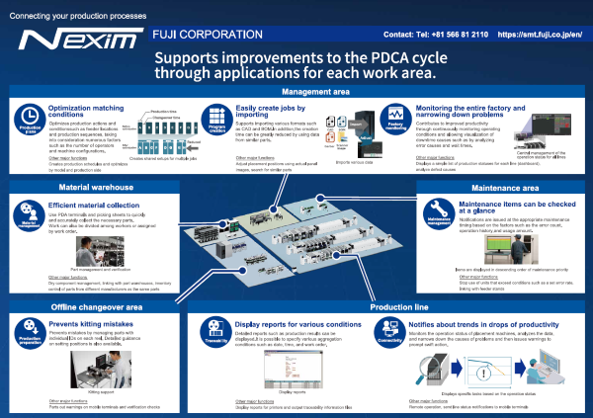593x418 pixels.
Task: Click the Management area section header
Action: click(x=296, y=92)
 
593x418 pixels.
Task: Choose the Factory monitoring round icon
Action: click(x=396, y=121)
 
